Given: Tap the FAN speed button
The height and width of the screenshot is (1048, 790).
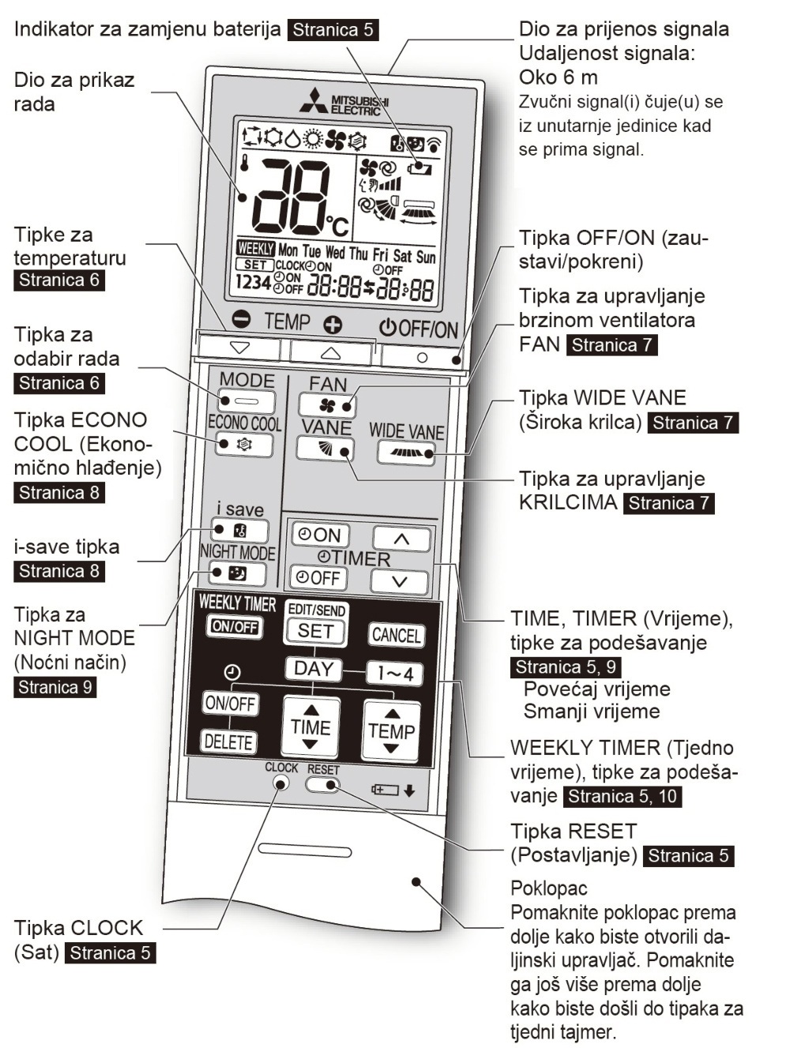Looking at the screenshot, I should click(x=327, y=405).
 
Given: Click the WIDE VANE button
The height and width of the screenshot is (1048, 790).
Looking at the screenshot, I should click(x=406, y=453).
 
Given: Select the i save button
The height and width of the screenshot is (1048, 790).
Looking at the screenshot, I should click(x=239, y=531).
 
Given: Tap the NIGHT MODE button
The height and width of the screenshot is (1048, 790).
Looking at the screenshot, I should click(x=237, y=573).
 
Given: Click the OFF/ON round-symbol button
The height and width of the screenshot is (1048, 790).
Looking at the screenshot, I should click(x=423, y=357).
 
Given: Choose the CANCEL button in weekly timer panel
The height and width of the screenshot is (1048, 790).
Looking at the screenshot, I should click(x=396, y=635).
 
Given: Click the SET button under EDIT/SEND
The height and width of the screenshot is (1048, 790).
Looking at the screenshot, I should click(x=315, y=631).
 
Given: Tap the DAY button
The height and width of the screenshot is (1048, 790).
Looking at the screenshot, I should click(x=314, y=669).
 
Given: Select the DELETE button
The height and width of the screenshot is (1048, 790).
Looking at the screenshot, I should click(x=228, y=742).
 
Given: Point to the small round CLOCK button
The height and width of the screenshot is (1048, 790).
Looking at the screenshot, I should click(x=281, y=783).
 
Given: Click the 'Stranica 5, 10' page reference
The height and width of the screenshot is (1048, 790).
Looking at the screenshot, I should click(x=623, y=796).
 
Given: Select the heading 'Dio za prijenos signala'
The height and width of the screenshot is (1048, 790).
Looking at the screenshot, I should click(x=623, y=29).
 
